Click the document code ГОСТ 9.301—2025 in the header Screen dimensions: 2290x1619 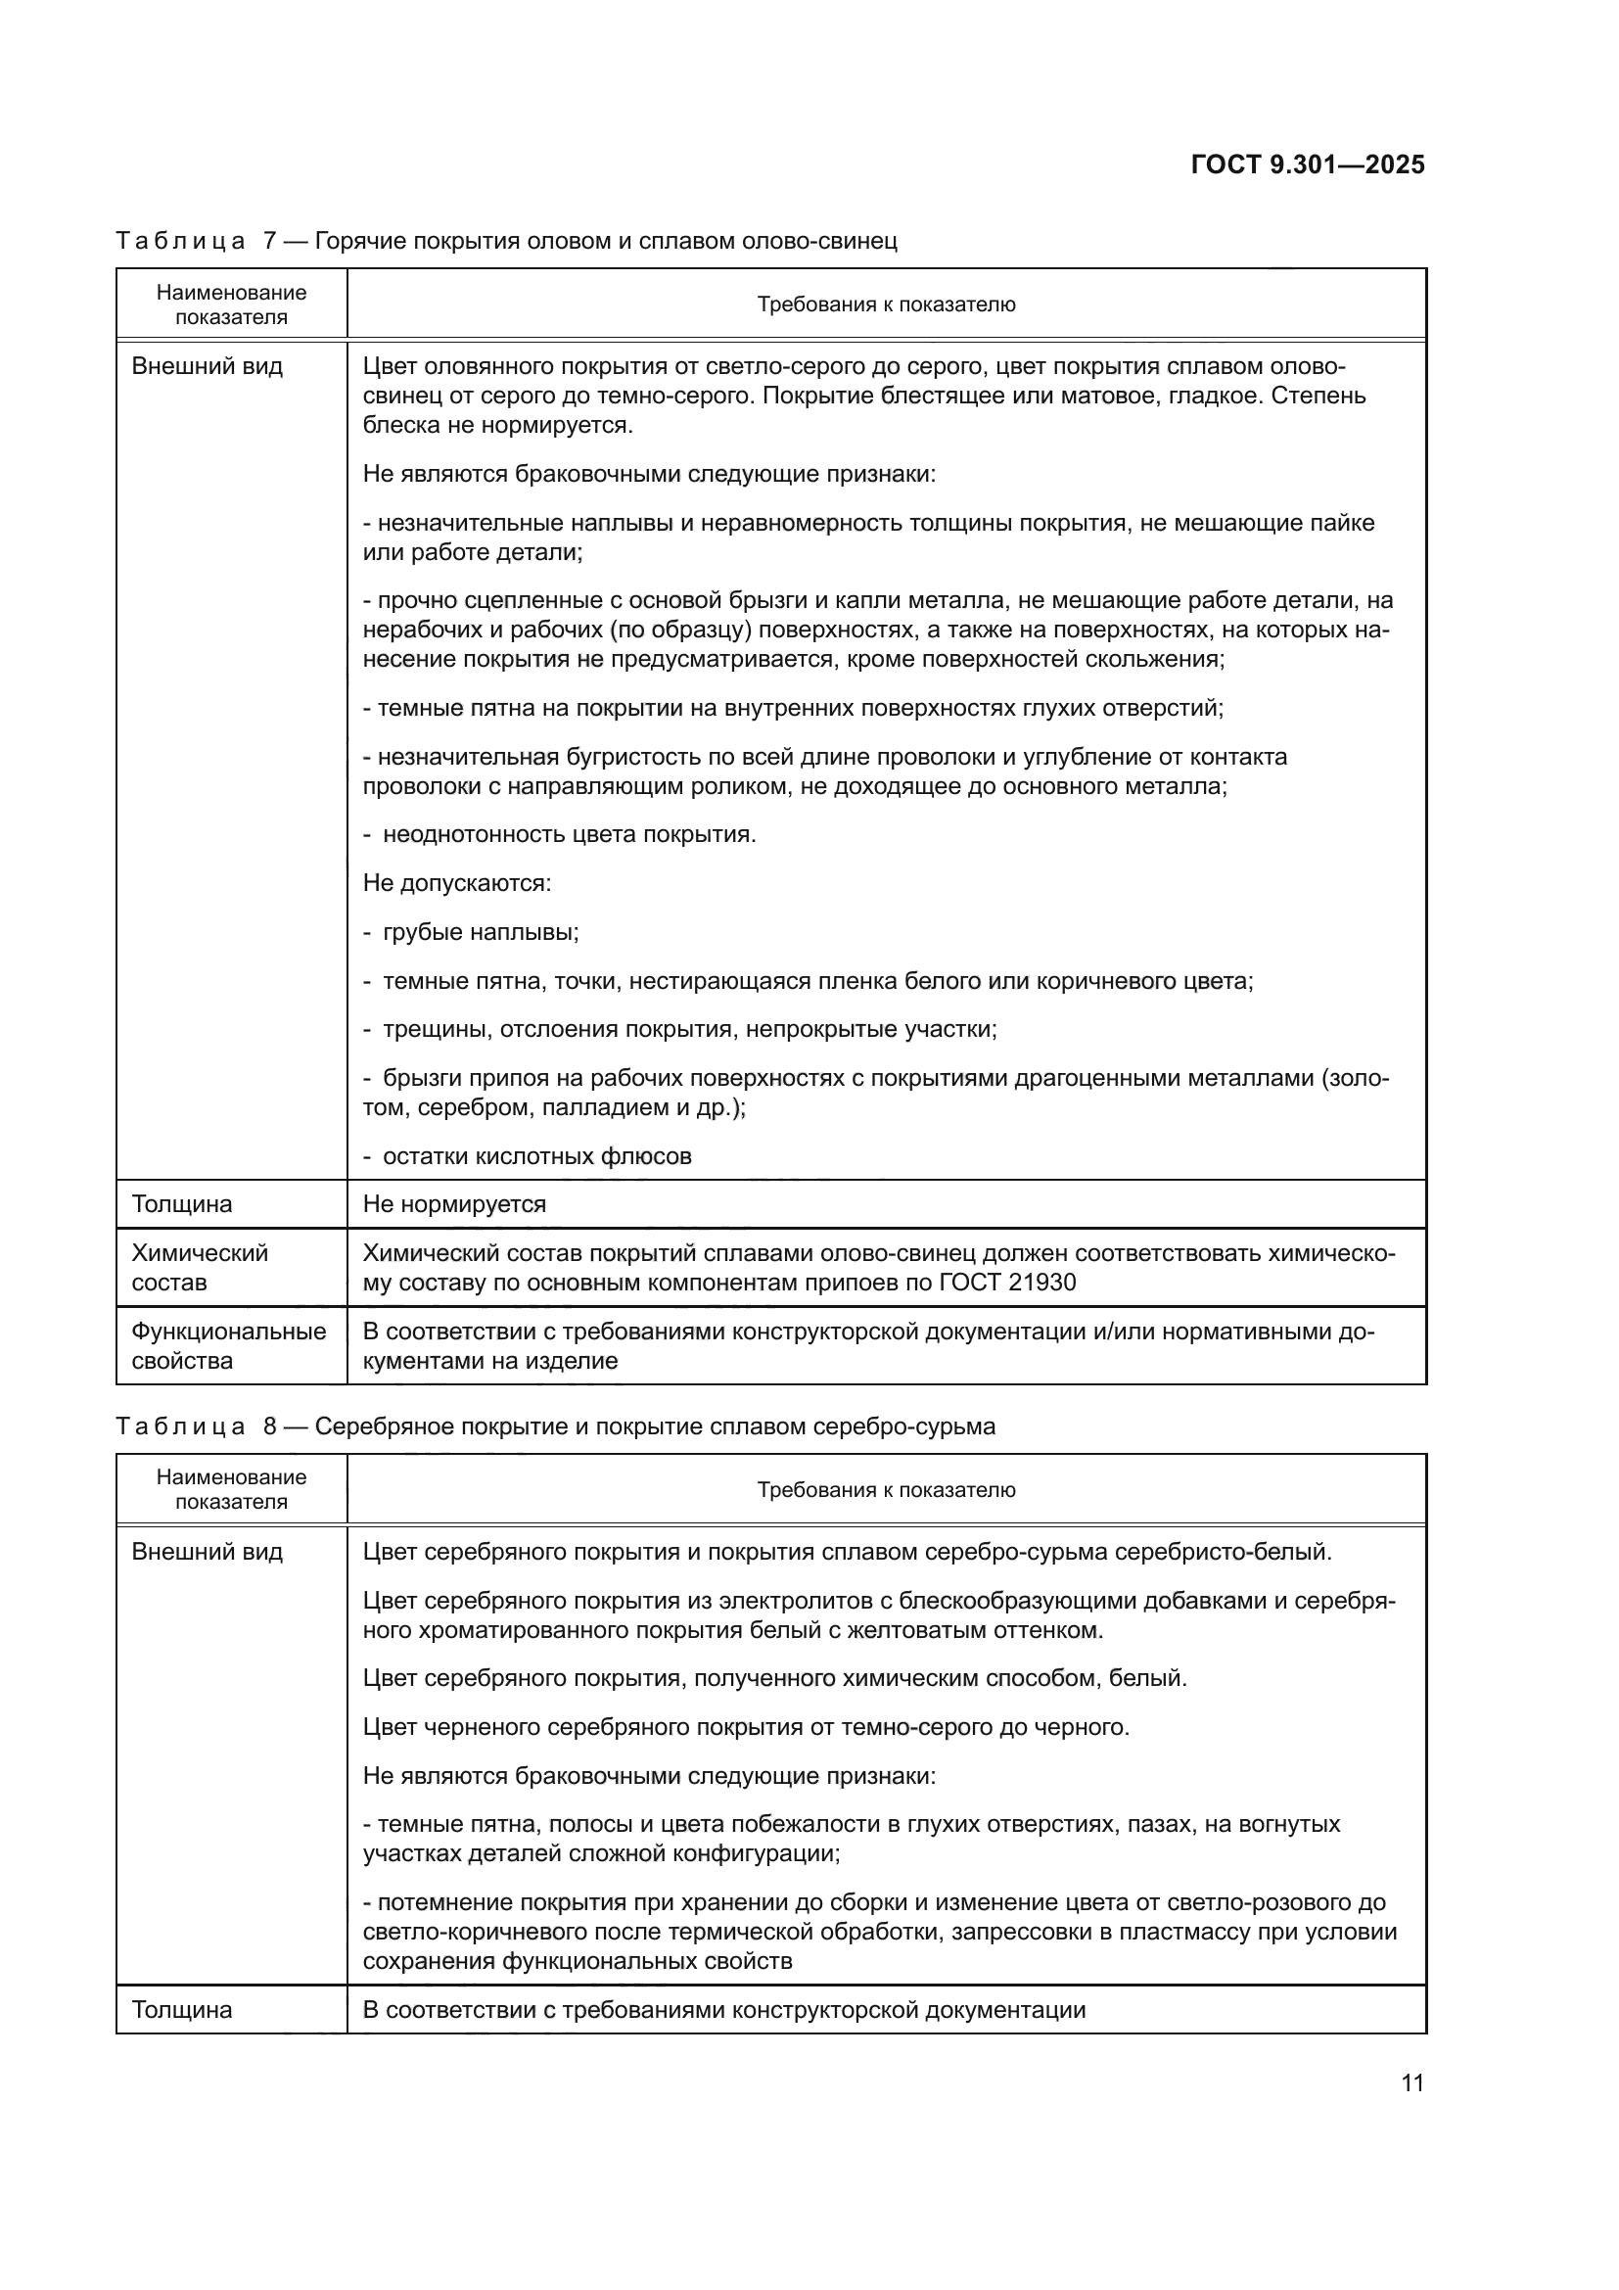click(1307, 164)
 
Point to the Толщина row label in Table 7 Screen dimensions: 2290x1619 click(181, 1204)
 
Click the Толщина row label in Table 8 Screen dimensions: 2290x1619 click(181, 2010)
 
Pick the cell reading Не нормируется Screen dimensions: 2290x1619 click(454, 1204)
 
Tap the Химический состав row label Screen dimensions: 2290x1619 click(200, 1267)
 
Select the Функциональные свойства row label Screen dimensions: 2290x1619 click(228, 1345)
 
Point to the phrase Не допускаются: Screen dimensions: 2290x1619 click(456, 884)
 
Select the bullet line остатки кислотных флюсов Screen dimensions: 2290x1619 click(536, 1157)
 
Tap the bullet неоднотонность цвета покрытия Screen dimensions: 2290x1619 click(569, 835)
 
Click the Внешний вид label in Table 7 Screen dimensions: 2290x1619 click(208, 366)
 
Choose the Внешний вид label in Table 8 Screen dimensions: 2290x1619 click(208, 1552)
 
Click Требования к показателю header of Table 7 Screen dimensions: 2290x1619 click(885, 305)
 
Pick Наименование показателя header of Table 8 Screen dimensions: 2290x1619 click(231, 1489)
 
